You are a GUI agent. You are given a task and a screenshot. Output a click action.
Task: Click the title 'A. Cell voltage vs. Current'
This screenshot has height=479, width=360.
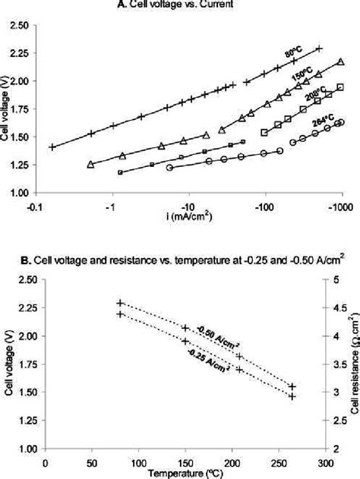click(x=180, y=7)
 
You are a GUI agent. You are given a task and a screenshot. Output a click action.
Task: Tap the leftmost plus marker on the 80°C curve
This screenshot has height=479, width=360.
click(x=52, y=147)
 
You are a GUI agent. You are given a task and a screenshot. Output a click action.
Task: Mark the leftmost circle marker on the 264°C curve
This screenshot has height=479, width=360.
click(x=169, y=167)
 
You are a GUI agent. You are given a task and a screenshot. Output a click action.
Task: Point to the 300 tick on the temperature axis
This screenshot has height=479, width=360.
click(x=324, y=462)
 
